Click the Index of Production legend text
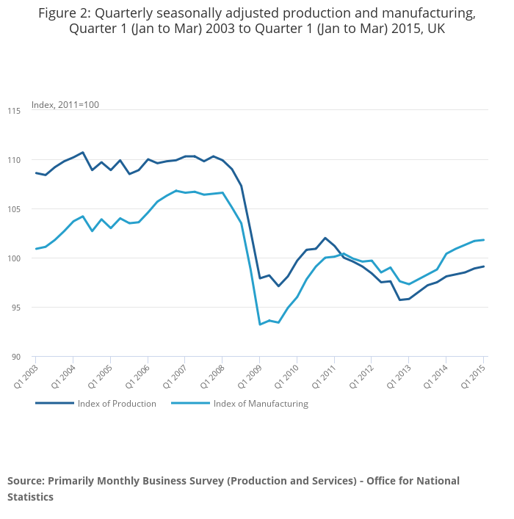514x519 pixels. (x=117, y=404)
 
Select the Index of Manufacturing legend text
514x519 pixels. (x=261, y=404)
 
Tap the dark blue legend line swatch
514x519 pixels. (x=54, y=403)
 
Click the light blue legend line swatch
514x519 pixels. (x=190, y=403)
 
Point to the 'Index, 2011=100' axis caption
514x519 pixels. (x=65, y=105)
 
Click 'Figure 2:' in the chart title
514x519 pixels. (x=64, y=13)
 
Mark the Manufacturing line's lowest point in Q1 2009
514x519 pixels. (x=260, y=324)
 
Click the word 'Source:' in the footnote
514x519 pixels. (x=26, y=481)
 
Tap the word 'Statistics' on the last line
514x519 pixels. (x=31, y=497)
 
